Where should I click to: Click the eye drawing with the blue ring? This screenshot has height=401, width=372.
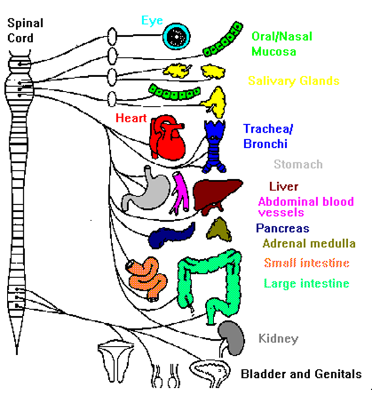pyautogui.click(x=177, y=36)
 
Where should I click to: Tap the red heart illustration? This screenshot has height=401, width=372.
pyautogui.click(x=167, y=138)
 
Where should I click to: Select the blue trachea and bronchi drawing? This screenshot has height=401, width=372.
pyautogui.click(x=214, y=146)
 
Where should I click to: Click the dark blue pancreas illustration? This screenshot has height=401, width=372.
pyautogui.click(x=172, y=236)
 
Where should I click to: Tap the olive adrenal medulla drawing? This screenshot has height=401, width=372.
pyautogui.click(x=219, y=230)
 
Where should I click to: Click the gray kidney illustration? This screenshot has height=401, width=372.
pyautogui.click(x=232, y=338)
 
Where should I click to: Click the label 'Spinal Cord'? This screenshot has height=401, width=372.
pyautogui.click(x=25, y=31)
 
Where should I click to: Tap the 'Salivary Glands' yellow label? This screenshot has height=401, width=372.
pyautogui.click(x=294, y=81)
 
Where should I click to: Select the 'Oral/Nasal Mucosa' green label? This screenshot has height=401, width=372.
pyautogui.click(x=282, y=44)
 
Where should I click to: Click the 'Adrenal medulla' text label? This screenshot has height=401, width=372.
pyautogui.click(x=309, y=244)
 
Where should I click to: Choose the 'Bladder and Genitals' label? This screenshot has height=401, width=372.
pyautogui.click(x=301, y=374)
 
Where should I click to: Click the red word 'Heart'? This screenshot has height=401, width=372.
pyautogui.click(x=131, y=118)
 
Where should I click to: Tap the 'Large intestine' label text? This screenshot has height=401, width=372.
pyautogui.click(x=306, y=283)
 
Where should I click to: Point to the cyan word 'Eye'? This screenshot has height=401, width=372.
pyautogui.click(x=152, y=21)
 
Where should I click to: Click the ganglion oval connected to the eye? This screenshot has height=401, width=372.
pyautogui.click(x=112, y=36)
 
